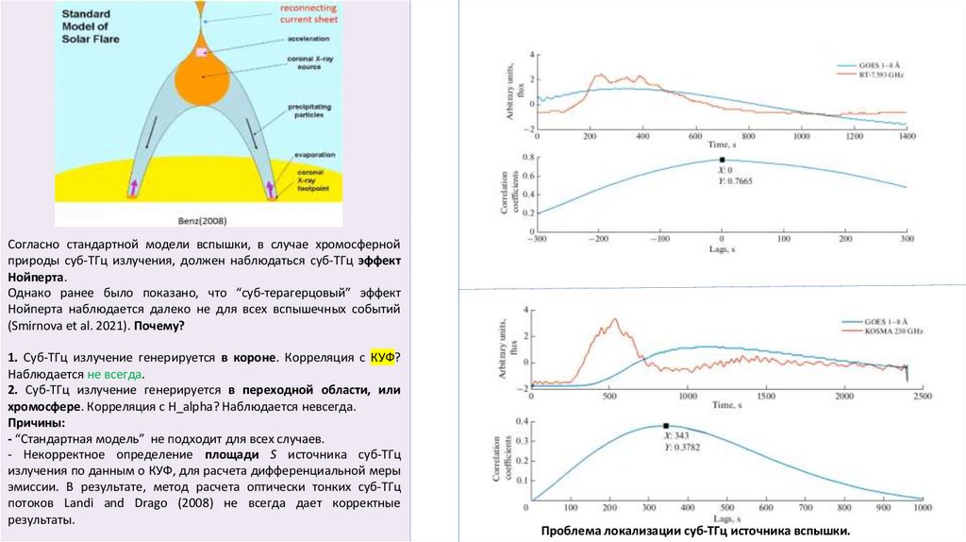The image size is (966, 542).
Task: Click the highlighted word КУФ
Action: click(382, 359)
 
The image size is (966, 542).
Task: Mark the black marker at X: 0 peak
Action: click(722, 160)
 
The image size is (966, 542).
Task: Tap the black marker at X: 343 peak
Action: click(666, 426)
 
